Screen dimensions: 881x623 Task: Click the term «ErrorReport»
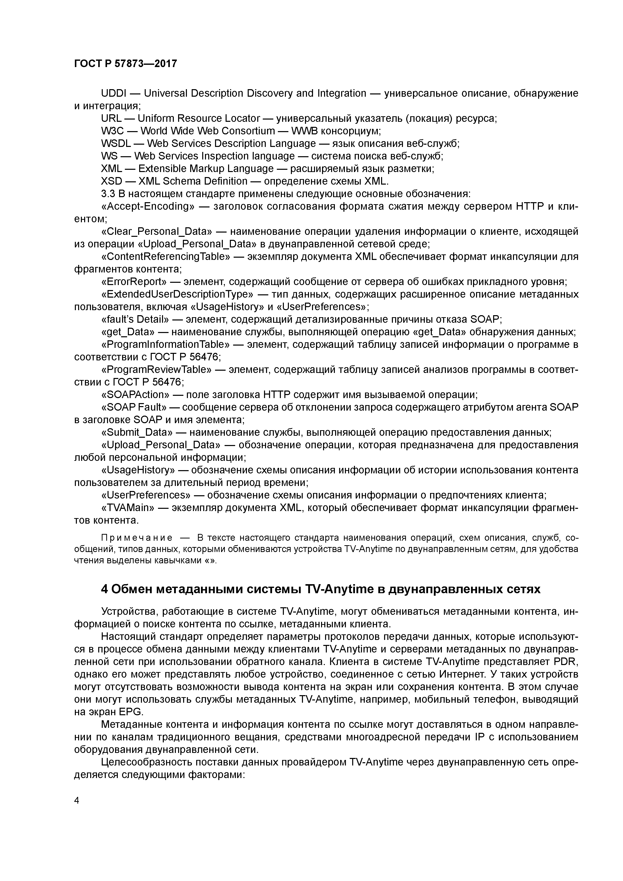click(134, 282)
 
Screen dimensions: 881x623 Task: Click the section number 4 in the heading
click(104, 589)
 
